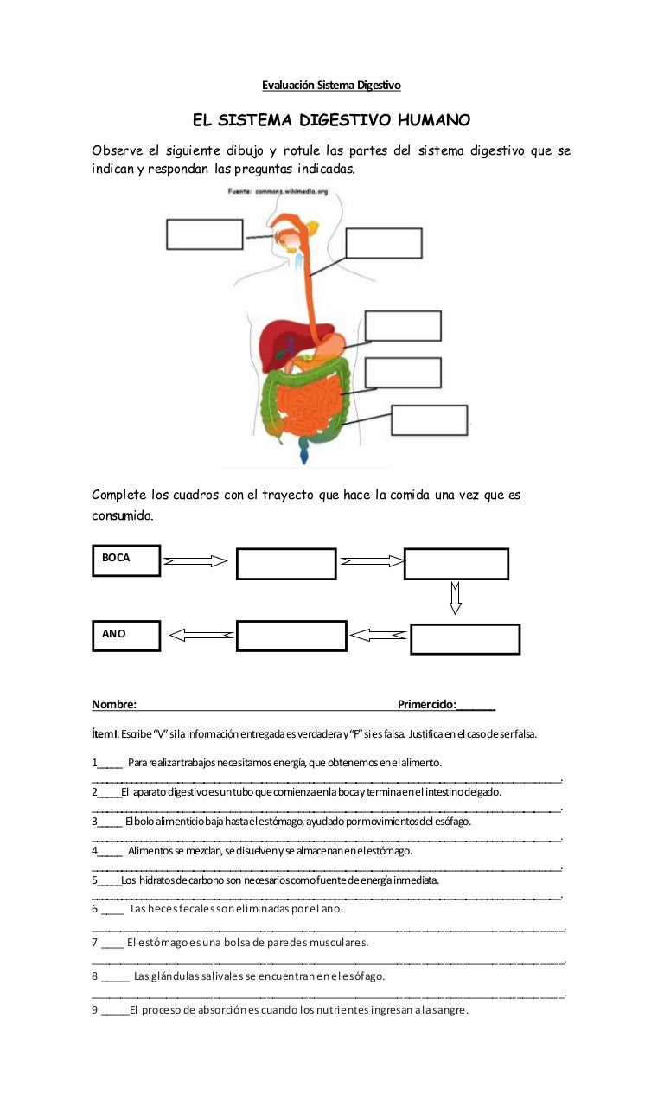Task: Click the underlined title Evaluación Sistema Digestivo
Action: point(331,85)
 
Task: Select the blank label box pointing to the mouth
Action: point(204,234)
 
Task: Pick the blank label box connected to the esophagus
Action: point(384,243)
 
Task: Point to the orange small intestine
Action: point(312,406)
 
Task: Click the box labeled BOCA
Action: point(125,560)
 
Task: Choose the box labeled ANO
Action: point(125,635)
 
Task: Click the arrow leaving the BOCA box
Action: point(195,561)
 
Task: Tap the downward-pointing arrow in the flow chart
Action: point(456,597)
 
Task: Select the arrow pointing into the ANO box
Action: point(201,635)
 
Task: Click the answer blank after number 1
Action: point(110,764)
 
